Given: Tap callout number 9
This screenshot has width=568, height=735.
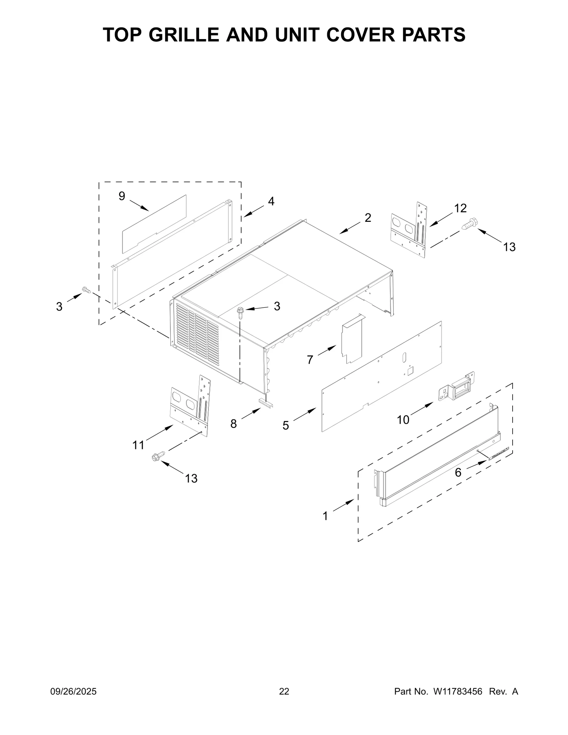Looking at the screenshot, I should tap(122, 196).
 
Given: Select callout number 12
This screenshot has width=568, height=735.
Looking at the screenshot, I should tap(460, 208).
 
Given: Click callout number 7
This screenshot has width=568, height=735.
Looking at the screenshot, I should tap(310, 360).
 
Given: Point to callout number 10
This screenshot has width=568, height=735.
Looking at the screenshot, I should tap(403, 420).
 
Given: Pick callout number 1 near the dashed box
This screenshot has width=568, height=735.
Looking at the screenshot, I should tap(325, 516).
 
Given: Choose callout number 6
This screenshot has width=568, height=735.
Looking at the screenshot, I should tap(458, 472).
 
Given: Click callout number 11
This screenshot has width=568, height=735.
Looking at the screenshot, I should tap(138, 445).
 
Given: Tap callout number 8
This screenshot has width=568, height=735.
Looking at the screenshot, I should tap(233, 423).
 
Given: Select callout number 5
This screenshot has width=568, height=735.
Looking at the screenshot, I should tap(286, 425).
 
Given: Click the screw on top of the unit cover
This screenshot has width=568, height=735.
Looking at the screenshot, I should tap(240, 312).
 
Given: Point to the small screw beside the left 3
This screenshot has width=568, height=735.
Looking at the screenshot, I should tap(86, 290).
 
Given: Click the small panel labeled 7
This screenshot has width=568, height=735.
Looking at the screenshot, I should tap(351, 339).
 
